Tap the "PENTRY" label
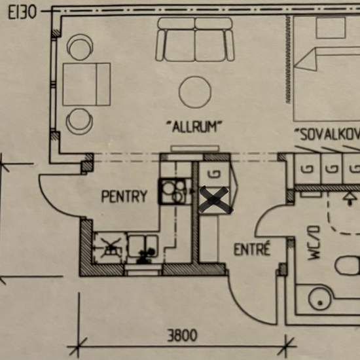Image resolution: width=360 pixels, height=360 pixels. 124,196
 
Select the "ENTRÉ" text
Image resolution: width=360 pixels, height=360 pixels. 252,249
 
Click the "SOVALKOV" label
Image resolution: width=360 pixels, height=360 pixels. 328,135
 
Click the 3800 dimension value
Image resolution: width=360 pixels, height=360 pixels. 182,336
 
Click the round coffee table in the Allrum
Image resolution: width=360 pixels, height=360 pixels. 195,92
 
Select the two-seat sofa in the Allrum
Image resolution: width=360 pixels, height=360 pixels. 195,39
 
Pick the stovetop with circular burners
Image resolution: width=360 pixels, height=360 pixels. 173,192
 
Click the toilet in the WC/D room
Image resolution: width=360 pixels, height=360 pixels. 348,266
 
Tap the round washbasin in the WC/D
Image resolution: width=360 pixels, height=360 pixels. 319,299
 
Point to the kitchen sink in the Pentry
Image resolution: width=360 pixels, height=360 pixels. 143,247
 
